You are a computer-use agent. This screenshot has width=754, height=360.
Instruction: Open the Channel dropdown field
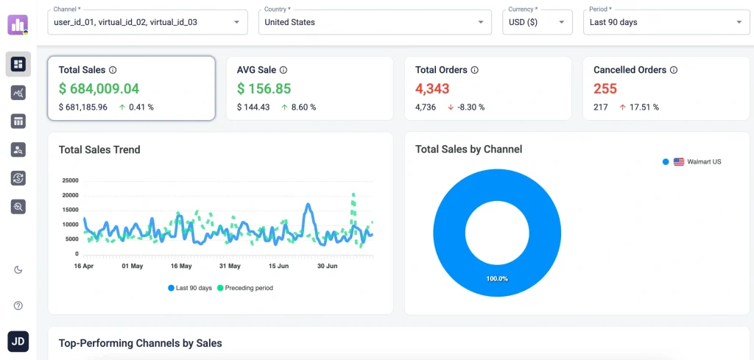click(x=147, y=22)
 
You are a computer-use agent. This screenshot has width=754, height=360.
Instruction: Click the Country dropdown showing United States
click(x=375, y=22)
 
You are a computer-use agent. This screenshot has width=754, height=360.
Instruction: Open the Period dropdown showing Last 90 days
click(x=666, y=22)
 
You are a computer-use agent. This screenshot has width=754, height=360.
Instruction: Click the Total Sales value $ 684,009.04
click(x=99, y=89)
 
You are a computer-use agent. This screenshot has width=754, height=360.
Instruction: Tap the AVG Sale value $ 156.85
click(x=264, y=89)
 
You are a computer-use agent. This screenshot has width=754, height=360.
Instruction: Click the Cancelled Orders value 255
click(x=605, y=89)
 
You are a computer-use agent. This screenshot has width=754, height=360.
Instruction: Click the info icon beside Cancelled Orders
click(x=674, y=70)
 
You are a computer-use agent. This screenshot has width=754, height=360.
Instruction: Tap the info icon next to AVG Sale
click(x=283, y=70)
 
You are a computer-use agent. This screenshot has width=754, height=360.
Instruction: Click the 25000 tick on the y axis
click(x=69, y=180)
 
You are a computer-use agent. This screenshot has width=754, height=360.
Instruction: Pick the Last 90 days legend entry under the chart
click(x=191, y=288)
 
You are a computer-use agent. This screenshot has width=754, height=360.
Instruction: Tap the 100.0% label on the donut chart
click(x=496, y=279)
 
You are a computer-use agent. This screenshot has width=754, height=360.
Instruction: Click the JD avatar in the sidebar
click(x=18, y=342)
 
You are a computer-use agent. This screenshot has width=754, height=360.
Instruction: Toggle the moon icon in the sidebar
click(x=18, y=269)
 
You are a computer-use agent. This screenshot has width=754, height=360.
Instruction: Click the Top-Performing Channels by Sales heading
click(x=140, y=343)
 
